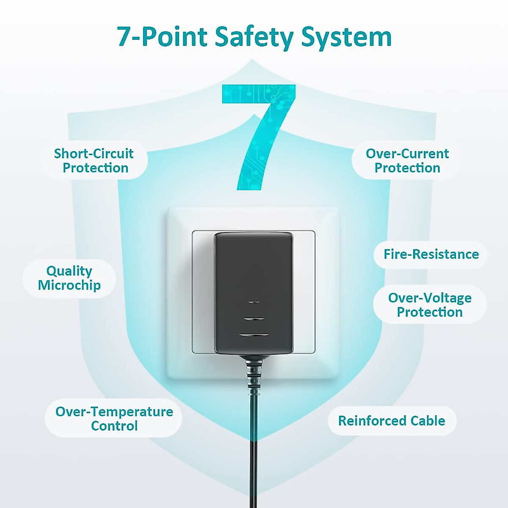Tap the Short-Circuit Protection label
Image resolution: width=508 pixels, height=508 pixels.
(94, 160)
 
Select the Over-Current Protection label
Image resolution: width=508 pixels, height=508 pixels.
(407, 160)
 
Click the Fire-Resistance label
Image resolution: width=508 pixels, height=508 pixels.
(431, 254)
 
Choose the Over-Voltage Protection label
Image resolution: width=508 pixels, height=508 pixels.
(430, 305)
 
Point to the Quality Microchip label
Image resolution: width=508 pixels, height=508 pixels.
(69, 278)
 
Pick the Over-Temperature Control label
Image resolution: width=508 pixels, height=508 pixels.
(114, 418)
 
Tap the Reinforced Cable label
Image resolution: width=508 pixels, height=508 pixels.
(391, 421)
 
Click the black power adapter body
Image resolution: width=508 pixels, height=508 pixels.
(254, 271)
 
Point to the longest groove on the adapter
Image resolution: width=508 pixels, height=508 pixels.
(254, 336)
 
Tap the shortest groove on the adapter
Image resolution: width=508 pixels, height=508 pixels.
(254, 302)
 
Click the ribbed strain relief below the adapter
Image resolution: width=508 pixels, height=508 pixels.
(254, 373)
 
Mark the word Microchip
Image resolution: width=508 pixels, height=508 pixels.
(69, 285)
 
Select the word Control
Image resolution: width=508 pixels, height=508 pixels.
(114, 425)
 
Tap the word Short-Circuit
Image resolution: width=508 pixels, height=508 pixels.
(94, 153)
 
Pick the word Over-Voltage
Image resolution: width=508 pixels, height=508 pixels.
(430, 298)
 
